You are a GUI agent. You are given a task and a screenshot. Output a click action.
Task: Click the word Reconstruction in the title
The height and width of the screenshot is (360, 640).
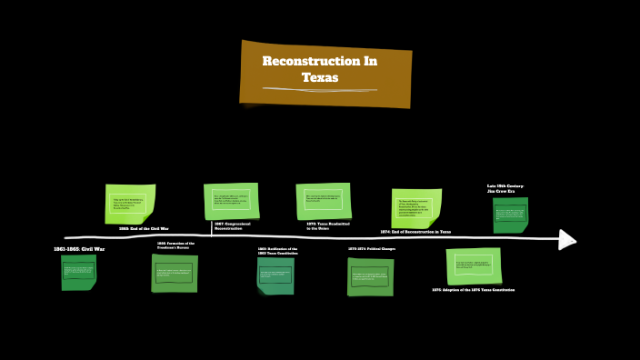click(320, 61)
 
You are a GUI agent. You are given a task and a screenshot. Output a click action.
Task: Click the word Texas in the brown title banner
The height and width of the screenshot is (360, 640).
click(320, 78)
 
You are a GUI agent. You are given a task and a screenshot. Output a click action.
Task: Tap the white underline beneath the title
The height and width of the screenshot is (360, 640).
click(320, 90)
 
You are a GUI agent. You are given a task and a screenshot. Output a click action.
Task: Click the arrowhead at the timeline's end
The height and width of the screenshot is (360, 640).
click(568, 239)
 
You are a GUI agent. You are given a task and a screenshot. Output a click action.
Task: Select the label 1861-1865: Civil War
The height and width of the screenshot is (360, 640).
click(79, 248)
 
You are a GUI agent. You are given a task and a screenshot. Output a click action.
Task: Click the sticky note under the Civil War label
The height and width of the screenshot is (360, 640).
click(78, 272)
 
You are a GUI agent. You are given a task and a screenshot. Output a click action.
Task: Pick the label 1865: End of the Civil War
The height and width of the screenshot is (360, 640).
click(144, 228)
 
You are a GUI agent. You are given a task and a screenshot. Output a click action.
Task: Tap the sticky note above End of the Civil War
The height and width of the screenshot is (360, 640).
click(130, 204)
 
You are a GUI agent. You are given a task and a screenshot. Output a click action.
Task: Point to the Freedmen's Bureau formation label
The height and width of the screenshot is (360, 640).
click(175, 245)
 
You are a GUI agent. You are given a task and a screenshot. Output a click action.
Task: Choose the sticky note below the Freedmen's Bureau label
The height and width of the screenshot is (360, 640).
click(175, 273)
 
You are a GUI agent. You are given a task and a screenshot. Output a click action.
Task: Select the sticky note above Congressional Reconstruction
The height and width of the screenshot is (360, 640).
click(231, 201)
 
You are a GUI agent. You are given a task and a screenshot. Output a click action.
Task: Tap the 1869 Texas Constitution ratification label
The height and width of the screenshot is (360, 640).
click(277, 250)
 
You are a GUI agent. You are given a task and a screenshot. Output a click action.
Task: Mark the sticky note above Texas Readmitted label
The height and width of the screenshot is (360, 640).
click(323, 201)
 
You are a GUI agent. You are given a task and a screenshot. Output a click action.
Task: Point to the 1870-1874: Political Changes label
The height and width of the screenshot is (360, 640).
click(371, 248)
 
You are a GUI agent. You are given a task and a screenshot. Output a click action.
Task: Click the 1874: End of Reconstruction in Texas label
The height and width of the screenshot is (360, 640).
click(415, 232)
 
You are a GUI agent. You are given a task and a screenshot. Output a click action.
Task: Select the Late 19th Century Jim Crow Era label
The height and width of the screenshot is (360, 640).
click(505, 188)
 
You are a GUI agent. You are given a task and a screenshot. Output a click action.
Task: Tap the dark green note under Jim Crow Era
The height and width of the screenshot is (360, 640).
click(510, 215)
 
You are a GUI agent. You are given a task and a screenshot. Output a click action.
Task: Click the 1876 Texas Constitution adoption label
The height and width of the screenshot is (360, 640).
click(473, 290)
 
